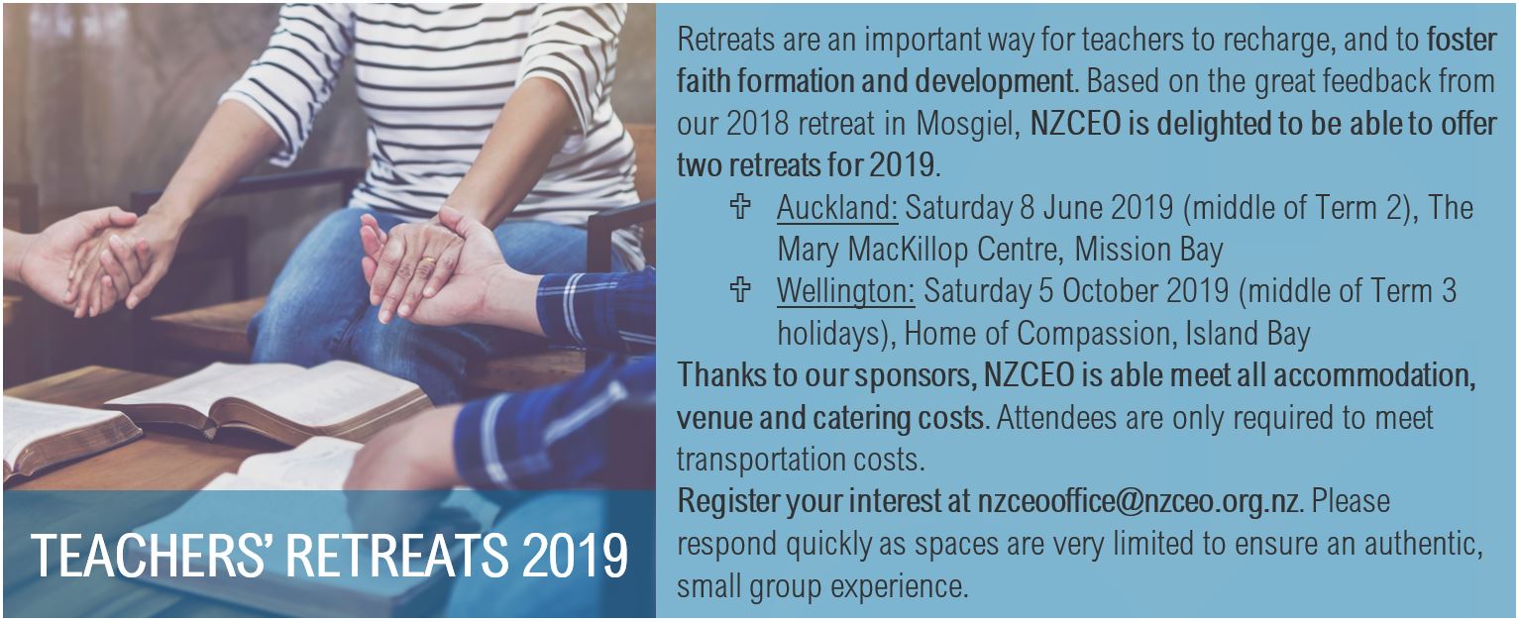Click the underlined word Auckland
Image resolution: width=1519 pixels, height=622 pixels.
click(x=837, y=208)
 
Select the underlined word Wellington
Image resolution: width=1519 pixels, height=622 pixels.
click(x=845, y=292)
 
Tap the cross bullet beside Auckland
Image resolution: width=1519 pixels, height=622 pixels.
click(x=740, y=206)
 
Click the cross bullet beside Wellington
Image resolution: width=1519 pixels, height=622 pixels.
click(x=740, y=289)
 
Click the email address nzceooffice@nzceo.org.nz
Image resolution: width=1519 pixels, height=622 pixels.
click(x=1138, y=501)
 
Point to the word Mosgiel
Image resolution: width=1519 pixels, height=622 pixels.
click(x=968, y=125)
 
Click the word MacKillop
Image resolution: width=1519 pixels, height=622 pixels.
click(x=953, y=250)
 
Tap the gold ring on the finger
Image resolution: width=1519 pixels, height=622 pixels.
click(x=428, y=260)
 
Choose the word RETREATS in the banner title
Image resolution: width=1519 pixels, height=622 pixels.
click(x=396, y=557)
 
